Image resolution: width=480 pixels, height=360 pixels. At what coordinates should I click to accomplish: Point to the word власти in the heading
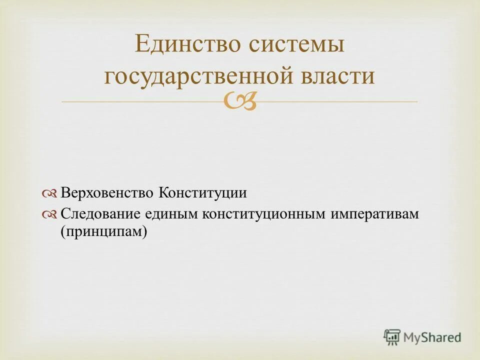(x=339, y=76)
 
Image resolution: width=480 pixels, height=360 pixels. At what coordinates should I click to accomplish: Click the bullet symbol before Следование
(x=50, y=214)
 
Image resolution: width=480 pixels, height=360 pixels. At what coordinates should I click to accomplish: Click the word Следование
(x=100, y=214)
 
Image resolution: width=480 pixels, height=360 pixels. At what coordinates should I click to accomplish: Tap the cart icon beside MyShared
(x=392, y=336)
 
